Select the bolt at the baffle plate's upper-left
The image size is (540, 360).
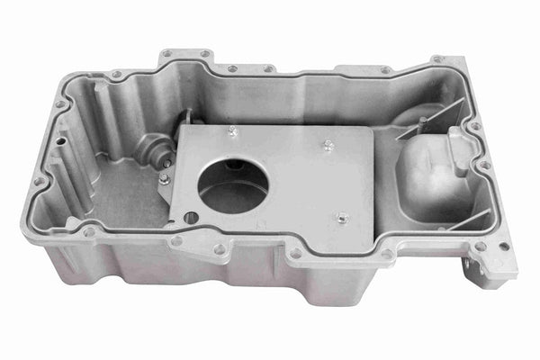[232, 131]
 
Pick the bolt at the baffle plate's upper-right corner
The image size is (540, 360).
[328, 143]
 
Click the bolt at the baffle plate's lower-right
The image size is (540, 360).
[342, 217]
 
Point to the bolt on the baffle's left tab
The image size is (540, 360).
[165, 178]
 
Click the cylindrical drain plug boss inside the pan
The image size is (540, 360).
[155, 147]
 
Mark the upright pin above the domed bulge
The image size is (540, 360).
[421, 121]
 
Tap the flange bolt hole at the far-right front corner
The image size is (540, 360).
[503, 246]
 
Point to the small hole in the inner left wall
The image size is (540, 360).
[61, 141]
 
